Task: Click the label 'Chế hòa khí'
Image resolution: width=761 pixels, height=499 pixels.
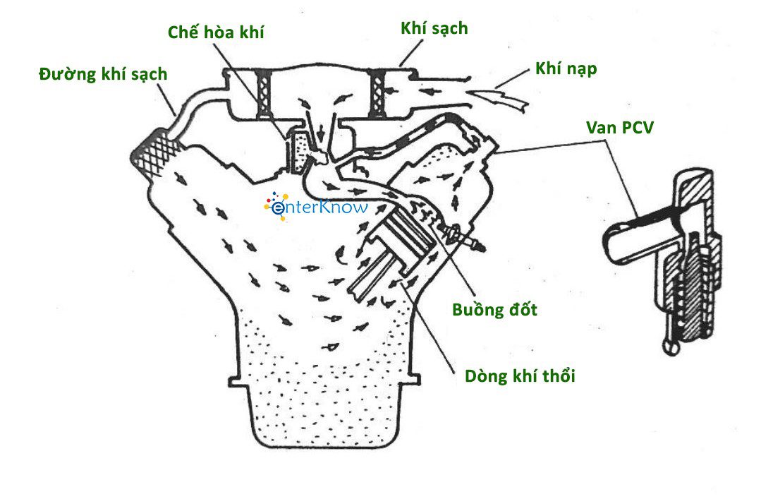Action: (217, 32)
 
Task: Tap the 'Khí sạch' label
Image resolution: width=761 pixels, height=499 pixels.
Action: (434, 28)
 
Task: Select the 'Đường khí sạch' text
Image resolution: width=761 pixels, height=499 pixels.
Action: (103, 74)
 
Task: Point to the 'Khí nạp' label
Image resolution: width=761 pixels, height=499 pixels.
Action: (566, 68)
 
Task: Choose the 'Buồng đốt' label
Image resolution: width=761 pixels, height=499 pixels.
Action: (494, 310)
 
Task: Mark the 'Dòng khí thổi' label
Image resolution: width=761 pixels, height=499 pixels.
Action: (520, 375)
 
